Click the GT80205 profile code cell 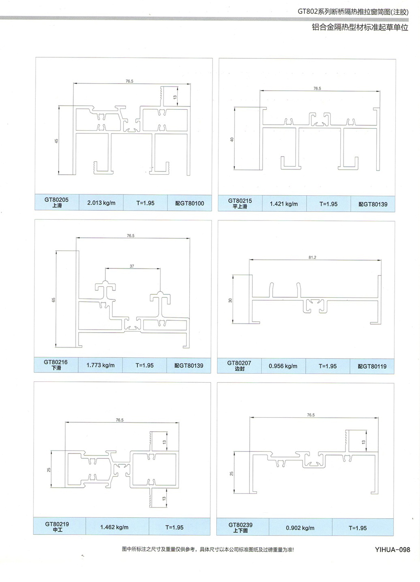57,202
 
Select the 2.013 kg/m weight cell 101,203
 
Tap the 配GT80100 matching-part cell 189,203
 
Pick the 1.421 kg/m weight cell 284,204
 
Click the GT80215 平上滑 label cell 240,203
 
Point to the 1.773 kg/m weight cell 100,365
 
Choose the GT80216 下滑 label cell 56,365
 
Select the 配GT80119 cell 372,366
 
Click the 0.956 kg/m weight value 283,366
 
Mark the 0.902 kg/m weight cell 300,528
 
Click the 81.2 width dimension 312,257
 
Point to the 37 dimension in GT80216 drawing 132,266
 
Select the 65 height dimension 53,299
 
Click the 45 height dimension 56,141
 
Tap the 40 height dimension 232,139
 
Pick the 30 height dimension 230,300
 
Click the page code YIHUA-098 392,550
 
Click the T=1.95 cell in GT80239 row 357,528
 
